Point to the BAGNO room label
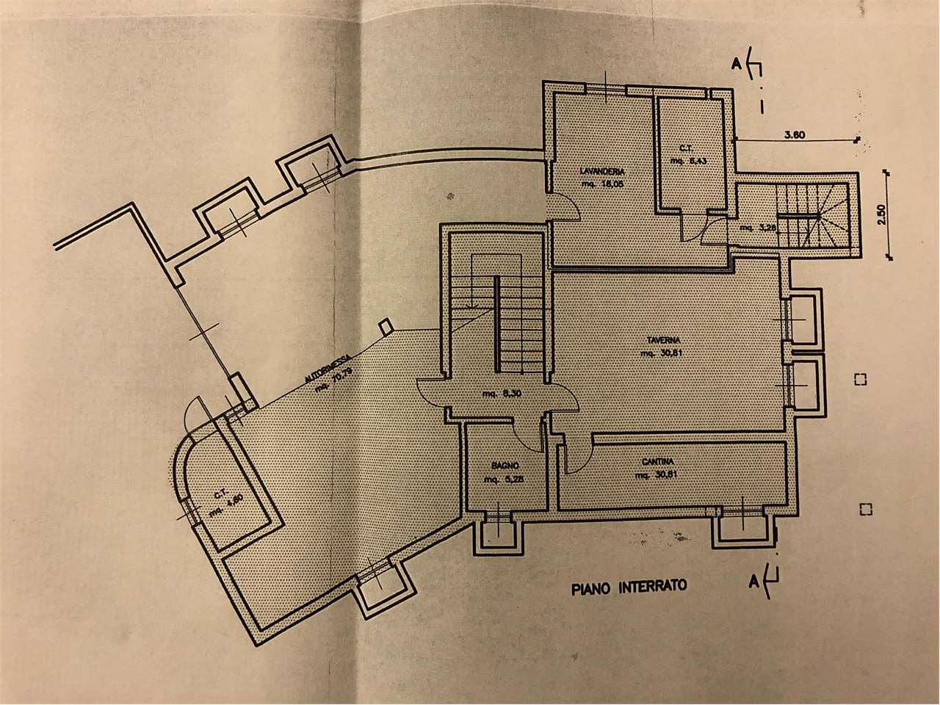pyautogui.click(x=506, y=466)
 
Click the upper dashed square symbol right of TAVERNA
pyautogui.click(x=861, y=380)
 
